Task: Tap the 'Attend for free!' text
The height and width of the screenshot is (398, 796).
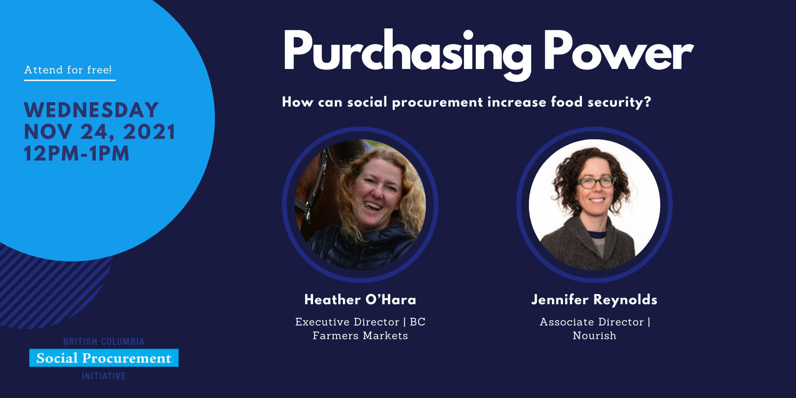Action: [68, 70]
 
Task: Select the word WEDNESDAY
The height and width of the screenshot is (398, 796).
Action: [91, 110]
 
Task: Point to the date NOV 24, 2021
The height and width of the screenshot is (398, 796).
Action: [99, 132]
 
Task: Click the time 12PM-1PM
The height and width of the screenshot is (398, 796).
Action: [77, 153]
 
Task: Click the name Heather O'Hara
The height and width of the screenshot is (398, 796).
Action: [360, 299]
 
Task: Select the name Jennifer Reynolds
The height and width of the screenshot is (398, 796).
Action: [594, 300]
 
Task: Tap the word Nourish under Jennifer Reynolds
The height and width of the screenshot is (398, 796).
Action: [594, 336]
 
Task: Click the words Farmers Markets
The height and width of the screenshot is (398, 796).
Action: [360, 336]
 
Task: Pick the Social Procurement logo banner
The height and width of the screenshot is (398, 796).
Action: [104, 358]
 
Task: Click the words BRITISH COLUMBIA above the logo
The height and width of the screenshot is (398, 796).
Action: [104, 341]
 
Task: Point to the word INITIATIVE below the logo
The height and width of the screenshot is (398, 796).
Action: [104, 376]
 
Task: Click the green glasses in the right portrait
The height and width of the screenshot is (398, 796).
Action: [596, 182]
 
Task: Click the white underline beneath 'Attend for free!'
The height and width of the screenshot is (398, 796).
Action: [70, 80]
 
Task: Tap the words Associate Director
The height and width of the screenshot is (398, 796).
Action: [592, 322]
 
